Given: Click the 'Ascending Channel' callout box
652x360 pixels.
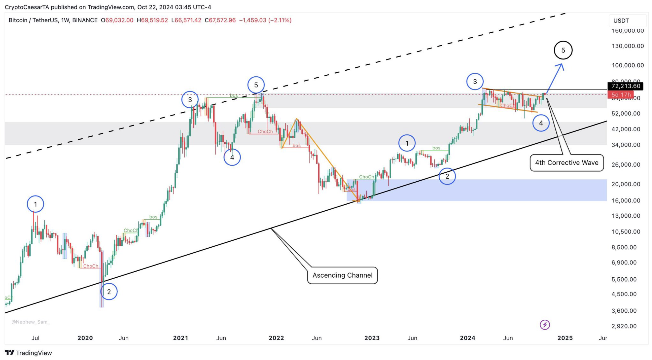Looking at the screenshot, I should pos(342,275).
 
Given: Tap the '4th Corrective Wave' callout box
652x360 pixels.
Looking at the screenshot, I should pos(566,163).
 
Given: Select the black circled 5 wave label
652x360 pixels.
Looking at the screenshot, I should pos(563,50).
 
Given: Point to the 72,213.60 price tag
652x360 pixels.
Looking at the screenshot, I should pos(625,86).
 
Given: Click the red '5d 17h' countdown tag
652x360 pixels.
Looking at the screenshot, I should pos(621,95).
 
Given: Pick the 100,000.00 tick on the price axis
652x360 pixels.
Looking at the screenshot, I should pos(627,65).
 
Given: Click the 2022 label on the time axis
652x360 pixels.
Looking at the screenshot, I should pos(276,338).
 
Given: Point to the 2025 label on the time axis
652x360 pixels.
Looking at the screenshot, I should pos(565,338).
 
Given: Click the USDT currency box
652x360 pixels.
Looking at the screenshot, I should pos(621,21).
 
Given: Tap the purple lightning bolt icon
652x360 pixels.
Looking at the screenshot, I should pos(545,325).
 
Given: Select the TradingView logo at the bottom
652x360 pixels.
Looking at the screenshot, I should pos(28,353).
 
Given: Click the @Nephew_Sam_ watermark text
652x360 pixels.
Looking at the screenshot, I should pos(31,322).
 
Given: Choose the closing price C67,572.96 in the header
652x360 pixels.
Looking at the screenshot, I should pos(220,20).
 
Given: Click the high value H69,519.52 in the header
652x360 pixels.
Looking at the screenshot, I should pos(152,20).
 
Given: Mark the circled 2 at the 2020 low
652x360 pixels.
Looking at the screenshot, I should pos(109,292).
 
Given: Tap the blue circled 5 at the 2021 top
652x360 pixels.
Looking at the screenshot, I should pos(256,85).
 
